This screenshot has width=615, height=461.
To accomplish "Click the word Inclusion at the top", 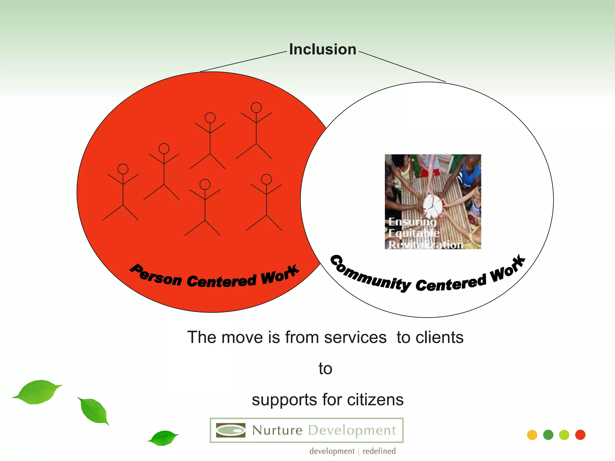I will tap(323, 50).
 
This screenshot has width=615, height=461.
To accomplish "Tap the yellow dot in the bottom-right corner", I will tap(532, 435).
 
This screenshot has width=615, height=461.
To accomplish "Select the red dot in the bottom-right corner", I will tap(580, 435).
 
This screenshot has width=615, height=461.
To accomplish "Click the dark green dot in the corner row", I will tap(548, 435).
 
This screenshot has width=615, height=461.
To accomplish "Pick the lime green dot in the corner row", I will tap(564, 435).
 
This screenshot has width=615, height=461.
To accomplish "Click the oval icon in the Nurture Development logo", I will tap(231, 430).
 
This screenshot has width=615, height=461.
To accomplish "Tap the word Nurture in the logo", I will tap(277, 430).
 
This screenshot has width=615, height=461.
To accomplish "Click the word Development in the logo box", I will tap(352, 430).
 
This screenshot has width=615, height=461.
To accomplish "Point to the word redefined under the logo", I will tap(379, 451).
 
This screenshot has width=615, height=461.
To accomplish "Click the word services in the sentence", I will tap(355, 337).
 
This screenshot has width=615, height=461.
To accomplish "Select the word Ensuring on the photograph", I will tap(412, 222).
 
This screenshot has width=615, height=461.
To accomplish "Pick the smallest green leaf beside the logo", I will tap(163, 438).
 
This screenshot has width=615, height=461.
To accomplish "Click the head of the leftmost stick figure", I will tap(123, 169).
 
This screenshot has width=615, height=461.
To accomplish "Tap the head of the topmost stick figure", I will tap(256, 107).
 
